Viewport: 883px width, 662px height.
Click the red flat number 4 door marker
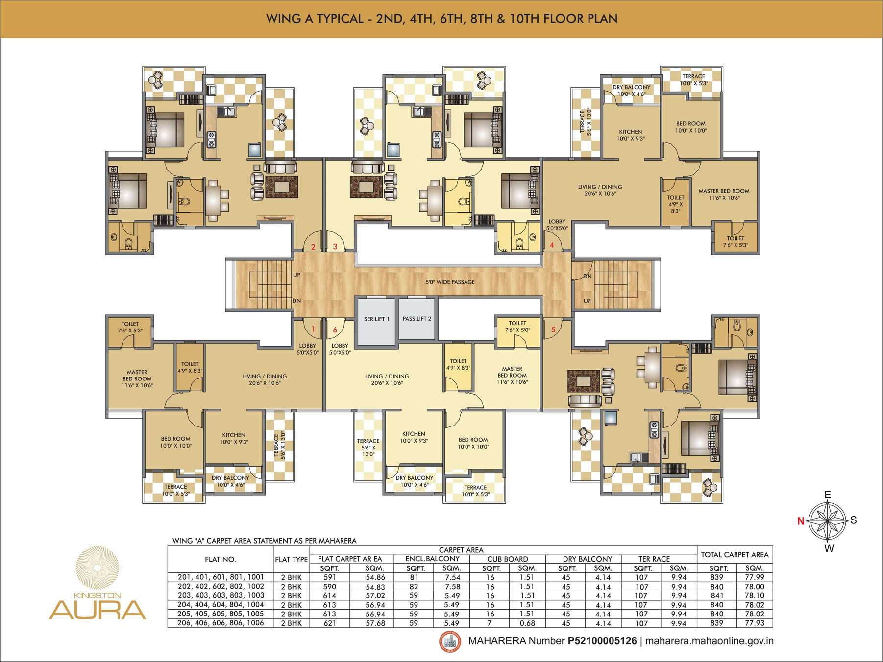click(x=552, y=245)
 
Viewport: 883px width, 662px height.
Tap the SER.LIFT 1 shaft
click(x=376, y=319)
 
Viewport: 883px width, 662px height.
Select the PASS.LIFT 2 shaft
click(x=417, y=319)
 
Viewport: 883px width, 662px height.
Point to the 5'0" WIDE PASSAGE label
click(x=449, y=282)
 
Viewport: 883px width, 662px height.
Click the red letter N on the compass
click(x=800, y=521)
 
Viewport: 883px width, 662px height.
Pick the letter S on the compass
click(x=853, y=520)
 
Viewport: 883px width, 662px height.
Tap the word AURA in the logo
click(x=98, y=610)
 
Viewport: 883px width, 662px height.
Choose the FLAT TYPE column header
click(x=291, y=559)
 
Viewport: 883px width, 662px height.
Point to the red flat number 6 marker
click(x=335, y=330)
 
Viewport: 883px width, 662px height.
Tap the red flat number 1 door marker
click(x=313, y=330)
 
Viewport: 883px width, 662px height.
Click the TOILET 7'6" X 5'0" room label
click(x=517, y=327)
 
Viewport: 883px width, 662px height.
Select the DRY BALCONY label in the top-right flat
click(x=632, y=87)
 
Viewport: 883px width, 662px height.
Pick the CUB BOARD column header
click(x=508, y=559)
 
